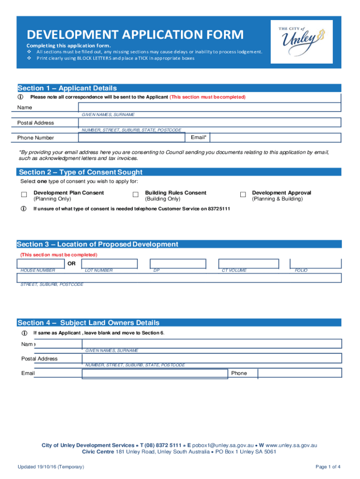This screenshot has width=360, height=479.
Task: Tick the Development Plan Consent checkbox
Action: click(x=24, y=195)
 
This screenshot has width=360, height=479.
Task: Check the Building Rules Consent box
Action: click(x=136, y=195)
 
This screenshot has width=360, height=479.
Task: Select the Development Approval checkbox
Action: click(x=243, y=195)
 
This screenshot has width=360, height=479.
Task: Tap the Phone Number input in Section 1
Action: click(x=135, y=138)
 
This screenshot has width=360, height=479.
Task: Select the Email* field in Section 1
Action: click(x=275, y=138)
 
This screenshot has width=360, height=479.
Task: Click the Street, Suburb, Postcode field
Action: click(x=180, y=278)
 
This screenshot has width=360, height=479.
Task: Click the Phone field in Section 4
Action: click(x=300, y=373)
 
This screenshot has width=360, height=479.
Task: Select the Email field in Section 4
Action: click(x=155, y=373)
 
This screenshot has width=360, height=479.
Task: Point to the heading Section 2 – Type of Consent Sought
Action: click(x=80, y=172)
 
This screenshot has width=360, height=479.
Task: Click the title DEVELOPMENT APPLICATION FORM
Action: click(x=135, y=35)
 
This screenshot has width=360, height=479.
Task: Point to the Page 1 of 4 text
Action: click(x=328, y=467)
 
